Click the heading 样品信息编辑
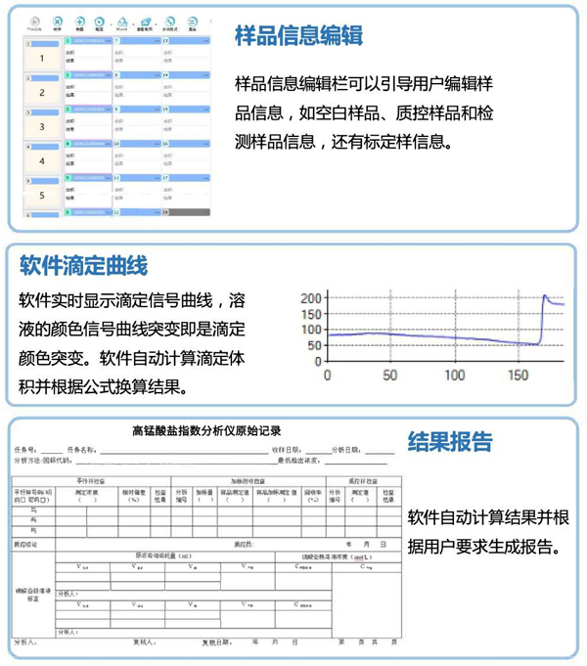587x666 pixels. (299, 36)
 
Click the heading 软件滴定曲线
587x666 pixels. (83, 265)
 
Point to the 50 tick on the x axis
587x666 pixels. (389, 375)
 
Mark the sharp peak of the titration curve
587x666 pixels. (545, 296)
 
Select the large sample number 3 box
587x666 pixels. (42, 126)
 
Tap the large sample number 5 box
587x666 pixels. (42, 196)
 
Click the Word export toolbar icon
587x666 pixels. (121, 23)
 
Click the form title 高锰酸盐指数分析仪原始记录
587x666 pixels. (206, 430)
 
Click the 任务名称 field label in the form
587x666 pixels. (83, 450)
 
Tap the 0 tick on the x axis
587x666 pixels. (327, 375)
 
